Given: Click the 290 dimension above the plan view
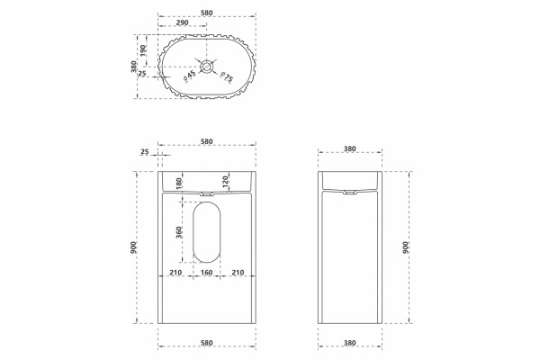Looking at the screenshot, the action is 182,22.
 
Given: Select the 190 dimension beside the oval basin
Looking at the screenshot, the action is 144,50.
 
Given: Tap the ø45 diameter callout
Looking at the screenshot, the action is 189,76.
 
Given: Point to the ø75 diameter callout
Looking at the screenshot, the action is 227,77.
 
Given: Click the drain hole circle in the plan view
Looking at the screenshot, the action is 207,66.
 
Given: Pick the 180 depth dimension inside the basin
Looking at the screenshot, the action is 179,184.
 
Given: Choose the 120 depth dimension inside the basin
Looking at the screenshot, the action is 225,182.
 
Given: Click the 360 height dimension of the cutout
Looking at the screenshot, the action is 179,232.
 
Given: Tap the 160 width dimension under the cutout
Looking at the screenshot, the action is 206,273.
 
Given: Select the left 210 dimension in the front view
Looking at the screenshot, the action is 175,273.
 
